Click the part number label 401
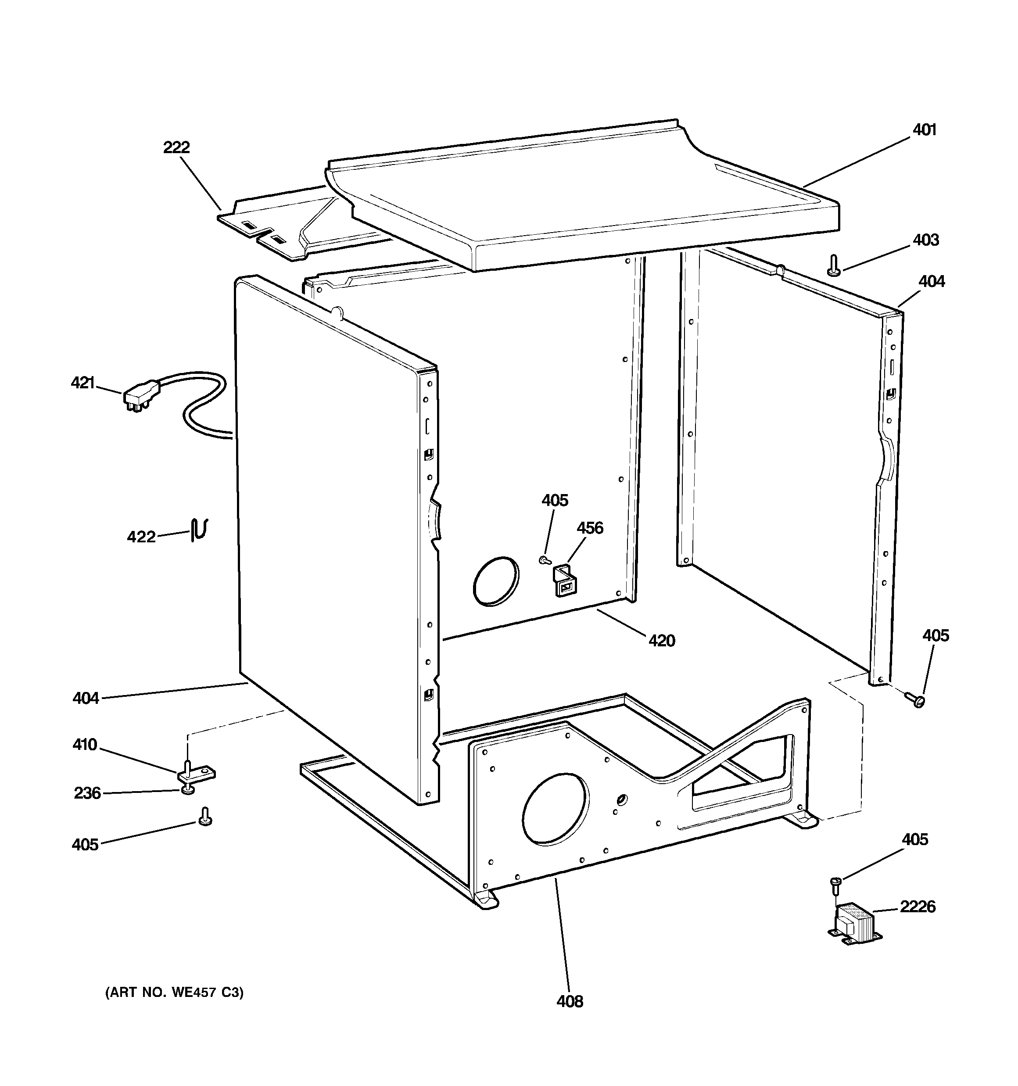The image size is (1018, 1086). click(x=924, y=130)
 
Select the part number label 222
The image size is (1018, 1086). click(x=176, y=147)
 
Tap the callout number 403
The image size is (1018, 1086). click(x=926, y=240)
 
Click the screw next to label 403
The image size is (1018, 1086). click(x=833, y=266)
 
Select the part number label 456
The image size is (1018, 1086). click(x=590, y=528)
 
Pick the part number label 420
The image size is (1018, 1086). click(x=662, y=640)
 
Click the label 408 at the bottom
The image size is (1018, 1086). click(x=570, y=1001)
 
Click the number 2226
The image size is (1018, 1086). click(x=918, y=907)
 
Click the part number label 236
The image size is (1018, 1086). click(x=87, y=792)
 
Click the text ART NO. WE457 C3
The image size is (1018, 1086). click(x=174, y=992)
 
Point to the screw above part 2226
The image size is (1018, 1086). click(x=835, y=884)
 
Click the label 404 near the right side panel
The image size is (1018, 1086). click(x=931, y=282)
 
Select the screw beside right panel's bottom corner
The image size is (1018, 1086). click(x=916, y=700)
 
